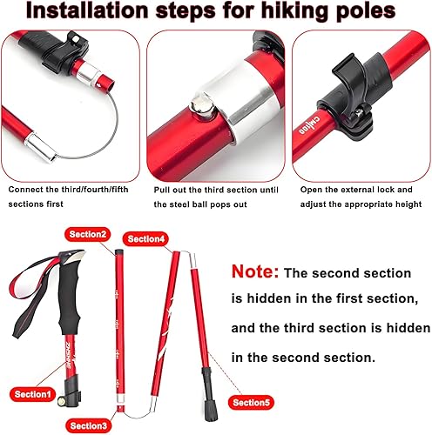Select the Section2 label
point(88,234)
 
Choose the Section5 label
point(253,402)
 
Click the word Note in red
point(255,272)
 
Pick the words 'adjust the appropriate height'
point(361,204)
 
